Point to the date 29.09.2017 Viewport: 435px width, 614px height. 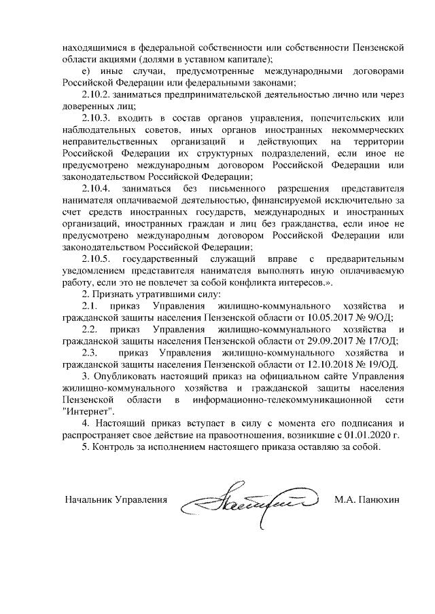pos(335,341)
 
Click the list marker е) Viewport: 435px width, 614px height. pos(86,71)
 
